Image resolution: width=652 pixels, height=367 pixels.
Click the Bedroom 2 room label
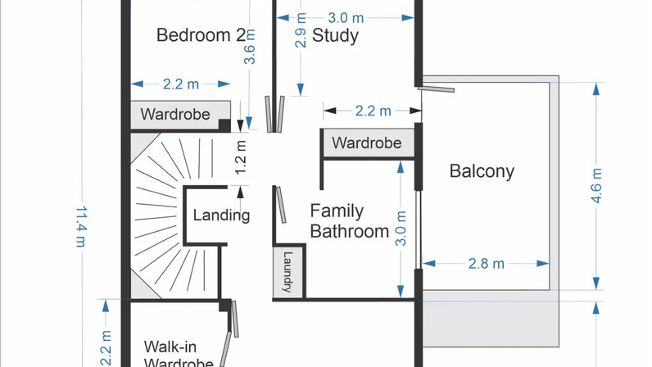tap(201, 35)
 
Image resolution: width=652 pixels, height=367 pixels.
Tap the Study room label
tap(335, 36)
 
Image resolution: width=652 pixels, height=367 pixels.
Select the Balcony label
tap(482, 171)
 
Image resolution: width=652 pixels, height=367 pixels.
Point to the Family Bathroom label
tap(349, 221)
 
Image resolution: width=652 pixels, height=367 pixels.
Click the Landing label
tap(221, 215)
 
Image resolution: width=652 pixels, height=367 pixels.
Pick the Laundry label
tap(288, 271)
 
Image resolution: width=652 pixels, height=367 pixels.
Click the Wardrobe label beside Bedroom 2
tap(175, 115)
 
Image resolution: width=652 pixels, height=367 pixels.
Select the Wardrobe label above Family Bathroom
tap(367, 143)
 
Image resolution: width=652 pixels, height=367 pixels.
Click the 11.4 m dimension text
tap(81, 227)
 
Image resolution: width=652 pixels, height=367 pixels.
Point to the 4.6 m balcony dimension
tap(596, 186)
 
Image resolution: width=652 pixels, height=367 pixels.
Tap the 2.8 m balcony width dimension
tap(486, 264)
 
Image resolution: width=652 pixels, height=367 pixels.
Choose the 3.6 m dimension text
tap(250, 47)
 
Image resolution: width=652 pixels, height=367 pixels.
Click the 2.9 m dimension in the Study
tap(301, 30)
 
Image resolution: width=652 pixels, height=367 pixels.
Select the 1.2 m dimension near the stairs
tap(241, 157)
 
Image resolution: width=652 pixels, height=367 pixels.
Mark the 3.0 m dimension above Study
tap(346, 18)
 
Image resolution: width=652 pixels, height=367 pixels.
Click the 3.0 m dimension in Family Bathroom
tap(401, 228)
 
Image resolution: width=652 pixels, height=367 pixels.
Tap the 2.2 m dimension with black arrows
tap(373, 111)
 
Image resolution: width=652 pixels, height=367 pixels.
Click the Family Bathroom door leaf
tap(281, 205)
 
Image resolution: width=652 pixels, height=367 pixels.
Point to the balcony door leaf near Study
tap(437, 89)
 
